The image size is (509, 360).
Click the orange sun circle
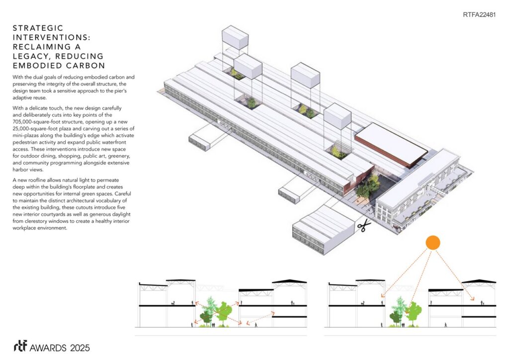tap(433, 243)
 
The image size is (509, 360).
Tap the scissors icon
tap(364, 225)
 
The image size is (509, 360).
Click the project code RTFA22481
tap(479, 14)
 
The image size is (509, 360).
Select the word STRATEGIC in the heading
tap(38, 28)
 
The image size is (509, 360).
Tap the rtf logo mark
tap(20, 346)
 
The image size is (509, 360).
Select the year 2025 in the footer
tap(80, 348)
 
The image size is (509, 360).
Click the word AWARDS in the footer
tap(48, 348)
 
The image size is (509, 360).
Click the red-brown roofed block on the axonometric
tap(391, 144)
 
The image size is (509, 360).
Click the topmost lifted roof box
tap(235, 37)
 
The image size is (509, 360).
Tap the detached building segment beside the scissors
tap(323, 229)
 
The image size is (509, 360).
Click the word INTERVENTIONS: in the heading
tap(52, 38)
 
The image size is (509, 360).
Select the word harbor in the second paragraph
tap(20, 170)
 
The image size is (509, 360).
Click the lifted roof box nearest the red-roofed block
tap(338, 116)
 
